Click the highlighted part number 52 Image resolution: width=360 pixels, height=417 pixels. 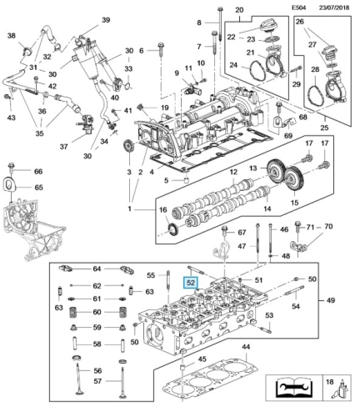point(191,283)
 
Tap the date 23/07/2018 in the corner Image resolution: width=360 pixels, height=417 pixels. point(334,8)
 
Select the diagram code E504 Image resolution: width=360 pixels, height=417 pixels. point(299,8)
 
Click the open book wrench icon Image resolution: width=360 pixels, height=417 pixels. point(294,388)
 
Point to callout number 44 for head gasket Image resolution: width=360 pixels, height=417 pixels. point(246,347)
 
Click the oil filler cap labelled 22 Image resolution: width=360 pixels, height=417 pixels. point(267,28)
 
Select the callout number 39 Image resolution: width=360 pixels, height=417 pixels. point(106,20)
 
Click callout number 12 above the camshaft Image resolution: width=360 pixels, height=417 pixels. point(233,172)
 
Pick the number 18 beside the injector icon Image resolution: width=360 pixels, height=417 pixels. point(329,382)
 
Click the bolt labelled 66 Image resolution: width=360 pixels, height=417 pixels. point(12,166)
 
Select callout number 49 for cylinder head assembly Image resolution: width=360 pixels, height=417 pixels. point(330,300)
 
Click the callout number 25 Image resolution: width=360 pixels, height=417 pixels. point(324,128)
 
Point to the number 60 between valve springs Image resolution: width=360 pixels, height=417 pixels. point(97,312)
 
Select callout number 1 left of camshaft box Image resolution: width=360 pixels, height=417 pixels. point(129,208)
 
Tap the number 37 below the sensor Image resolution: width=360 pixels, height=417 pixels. point(64,146)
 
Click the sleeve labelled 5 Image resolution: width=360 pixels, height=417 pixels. point(186,179)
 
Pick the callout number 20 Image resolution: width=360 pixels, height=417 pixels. point(239,10)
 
